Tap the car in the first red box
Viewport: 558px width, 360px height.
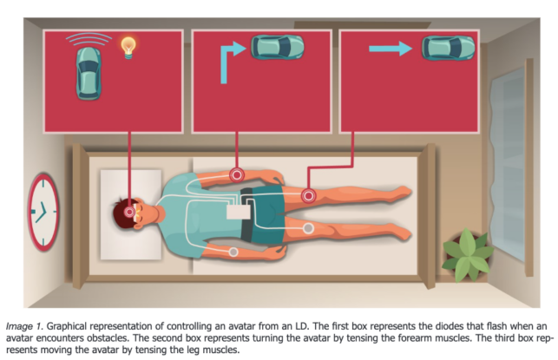[88, 70]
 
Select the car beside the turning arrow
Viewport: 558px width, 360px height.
[277, 47]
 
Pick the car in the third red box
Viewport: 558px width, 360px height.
[448, 48]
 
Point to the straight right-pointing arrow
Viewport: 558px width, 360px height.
[391, 49]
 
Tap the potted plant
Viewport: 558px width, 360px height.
[468, 251]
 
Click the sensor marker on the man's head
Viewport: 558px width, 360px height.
[129, 210]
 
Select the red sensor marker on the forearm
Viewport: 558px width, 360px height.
[235, 175]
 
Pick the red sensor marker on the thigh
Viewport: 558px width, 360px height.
[307, 197]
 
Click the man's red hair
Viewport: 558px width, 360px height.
[120, 210]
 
